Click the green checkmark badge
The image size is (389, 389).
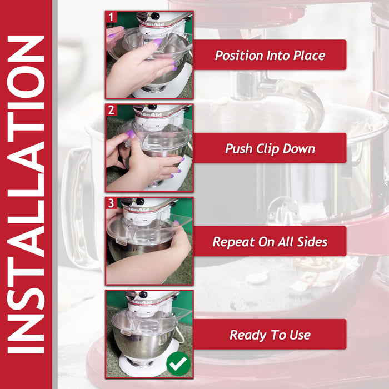(x=178, y=363)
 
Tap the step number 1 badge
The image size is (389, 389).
(x=111, y=17)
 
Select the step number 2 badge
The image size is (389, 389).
(x=111, y=110)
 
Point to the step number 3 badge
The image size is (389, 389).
(x=111, y=203)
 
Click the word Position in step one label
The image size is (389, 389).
(x=238, y=56)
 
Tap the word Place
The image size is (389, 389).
(x=309, y=56)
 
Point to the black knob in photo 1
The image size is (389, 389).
(x=156, y=16)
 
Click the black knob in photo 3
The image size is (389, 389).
(x=140, y=201)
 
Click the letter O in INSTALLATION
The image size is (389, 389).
(x=26, y=82)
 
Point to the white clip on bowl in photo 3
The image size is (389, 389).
(x=121, y=241)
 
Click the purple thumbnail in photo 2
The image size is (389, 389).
(x=130, y=134)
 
